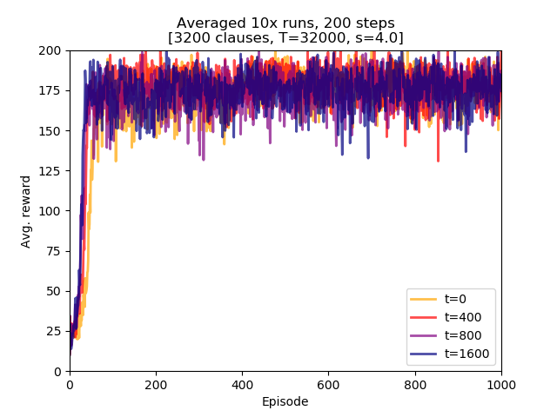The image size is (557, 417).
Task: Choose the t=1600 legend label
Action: pyautogui.click(x=466, y=354)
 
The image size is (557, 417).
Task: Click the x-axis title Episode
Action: pyautogui.click(x=285, y=401)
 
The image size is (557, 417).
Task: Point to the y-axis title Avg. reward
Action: pyautogui.click(x=26, y=211)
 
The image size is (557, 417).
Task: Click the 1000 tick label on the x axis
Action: pyautogui.click(x=500, y=383)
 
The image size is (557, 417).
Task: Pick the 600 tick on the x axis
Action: pyautogui.click(x=328, y=383)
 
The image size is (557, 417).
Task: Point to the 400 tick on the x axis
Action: pyautogui.click(x=242, y=383)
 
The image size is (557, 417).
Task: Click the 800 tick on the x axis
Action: pyautogui.click(x=414, y=383)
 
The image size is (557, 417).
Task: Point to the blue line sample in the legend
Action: pyautogui.click(x=421, y=354)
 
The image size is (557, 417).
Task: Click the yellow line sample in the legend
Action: pyautogui.click(x=421, y=299)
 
